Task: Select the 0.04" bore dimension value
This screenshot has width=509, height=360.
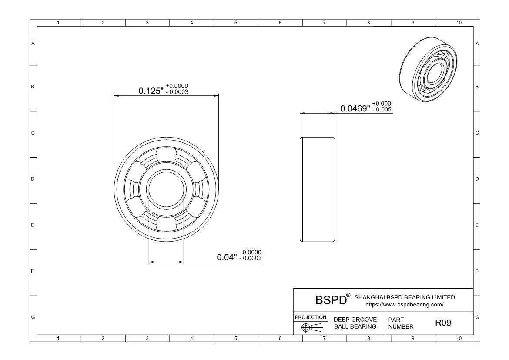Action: click(x=227, y=257)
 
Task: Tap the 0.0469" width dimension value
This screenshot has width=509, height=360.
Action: click(x=355, y=108)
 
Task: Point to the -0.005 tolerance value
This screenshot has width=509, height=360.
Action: click(x=382, y=110)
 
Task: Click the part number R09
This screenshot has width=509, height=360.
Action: click(x=443, y=323)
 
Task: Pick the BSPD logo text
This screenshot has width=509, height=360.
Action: click(x=331, y=300)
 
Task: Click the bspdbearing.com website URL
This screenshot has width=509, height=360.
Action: click(x=405, y=305)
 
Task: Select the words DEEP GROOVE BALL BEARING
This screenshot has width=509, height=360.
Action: click(x=355, y=323)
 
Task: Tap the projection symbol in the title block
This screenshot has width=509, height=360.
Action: click(x=311, y=327)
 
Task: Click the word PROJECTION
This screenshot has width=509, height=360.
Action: click(x=311, y=317)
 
